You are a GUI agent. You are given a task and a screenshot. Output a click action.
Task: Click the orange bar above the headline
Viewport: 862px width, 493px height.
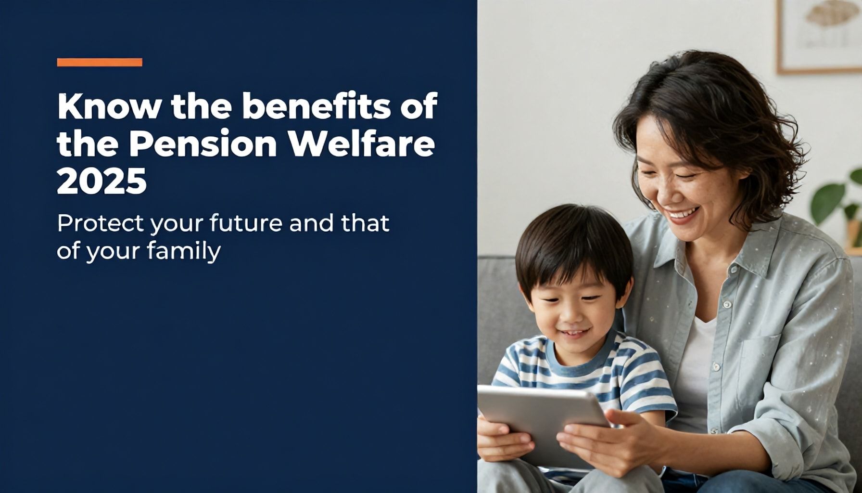point(100,62)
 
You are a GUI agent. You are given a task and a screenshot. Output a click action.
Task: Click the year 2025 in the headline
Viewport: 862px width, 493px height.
point(101,182)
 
